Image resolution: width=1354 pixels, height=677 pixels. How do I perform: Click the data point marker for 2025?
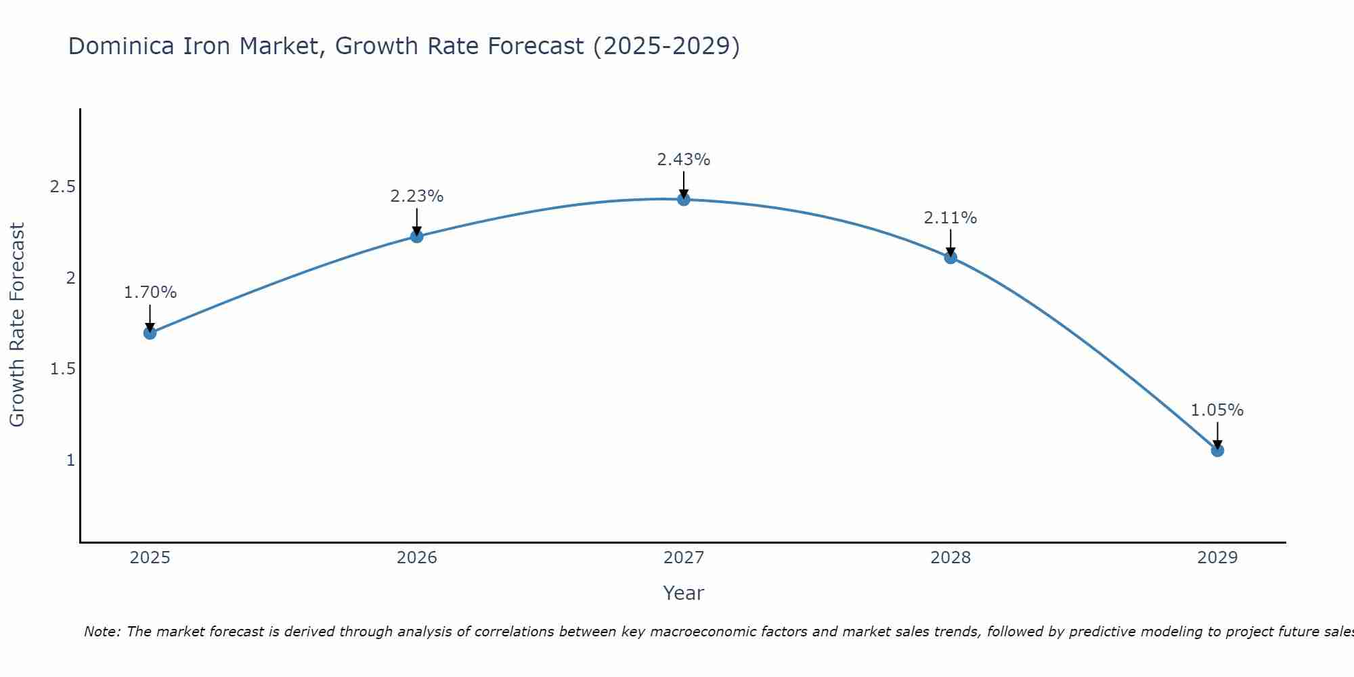pos(150,333)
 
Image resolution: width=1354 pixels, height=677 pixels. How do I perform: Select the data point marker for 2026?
pos(417,236)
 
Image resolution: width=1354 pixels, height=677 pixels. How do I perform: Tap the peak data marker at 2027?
pos(684,199)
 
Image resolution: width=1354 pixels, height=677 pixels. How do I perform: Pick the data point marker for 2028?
pos(951,257)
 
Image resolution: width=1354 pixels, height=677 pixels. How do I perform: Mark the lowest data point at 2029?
pos(1217,450)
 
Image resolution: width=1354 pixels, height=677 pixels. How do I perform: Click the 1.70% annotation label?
pos(150,292)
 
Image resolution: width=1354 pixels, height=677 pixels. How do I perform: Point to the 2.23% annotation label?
pos(417,196)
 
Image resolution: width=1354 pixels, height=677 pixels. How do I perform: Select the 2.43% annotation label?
pos(684,160)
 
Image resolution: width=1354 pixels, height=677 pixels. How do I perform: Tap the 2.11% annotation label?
pos(951,218)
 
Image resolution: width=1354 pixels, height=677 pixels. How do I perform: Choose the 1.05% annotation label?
pos(1217,410)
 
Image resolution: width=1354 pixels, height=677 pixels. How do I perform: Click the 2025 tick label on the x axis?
pos(150,558)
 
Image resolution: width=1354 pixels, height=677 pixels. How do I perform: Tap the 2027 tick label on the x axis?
pos(684,558)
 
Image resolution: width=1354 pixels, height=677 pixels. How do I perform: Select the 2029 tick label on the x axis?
pos(1217,558)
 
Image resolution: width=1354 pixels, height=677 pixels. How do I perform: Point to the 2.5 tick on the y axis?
pos(62,187)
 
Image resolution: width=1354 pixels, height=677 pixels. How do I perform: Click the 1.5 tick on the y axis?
pos(62,369)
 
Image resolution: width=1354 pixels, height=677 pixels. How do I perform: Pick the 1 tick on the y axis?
pos(70,460)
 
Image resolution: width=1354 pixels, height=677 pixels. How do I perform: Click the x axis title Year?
pos(684,593)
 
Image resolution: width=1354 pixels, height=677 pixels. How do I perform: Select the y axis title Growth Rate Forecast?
pos(18,325)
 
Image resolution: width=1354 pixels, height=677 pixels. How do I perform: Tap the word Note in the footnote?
pos(101,632)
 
